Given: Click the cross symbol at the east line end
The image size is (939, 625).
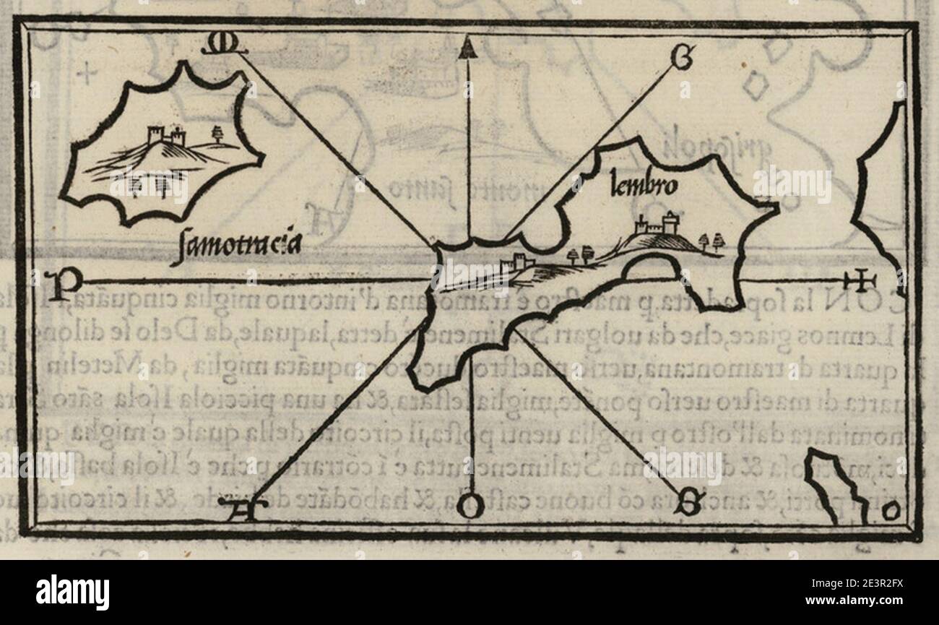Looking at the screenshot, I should pos(860,280).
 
